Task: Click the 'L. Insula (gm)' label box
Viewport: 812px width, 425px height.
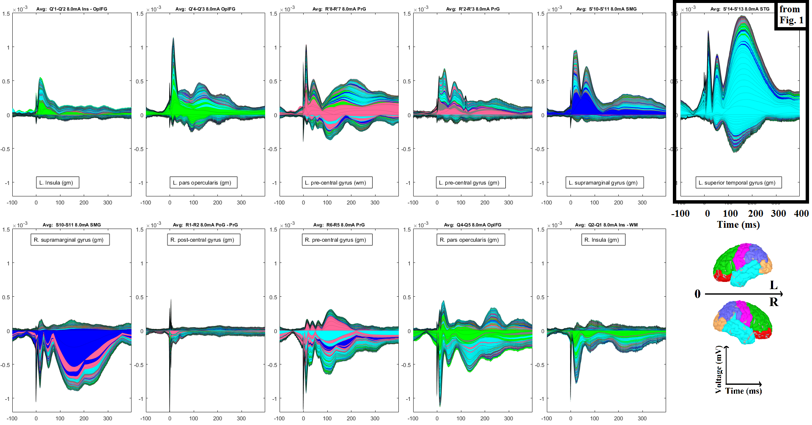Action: tap(58, 183)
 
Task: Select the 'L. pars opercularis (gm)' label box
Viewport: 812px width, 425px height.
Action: tap(203, 183)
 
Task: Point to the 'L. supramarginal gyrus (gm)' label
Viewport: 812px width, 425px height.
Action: tap(604, 183)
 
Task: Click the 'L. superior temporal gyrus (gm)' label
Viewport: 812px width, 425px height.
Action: tap(738, 183)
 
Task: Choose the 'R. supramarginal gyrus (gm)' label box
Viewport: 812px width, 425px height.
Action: tap(70, 240)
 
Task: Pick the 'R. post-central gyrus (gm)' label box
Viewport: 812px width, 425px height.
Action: tap(203, 240)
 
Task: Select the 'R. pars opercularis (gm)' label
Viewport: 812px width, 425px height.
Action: tap(470, 240)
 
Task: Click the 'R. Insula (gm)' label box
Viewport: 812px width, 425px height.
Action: tap(603, 240)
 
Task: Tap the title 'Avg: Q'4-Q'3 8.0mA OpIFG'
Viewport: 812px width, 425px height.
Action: tap(206, 9)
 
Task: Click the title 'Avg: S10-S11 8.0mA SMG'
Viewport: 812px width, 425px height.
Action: tap(71, 225)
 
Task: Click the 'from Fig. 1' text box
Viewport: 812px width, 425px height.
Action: tap(791, 15)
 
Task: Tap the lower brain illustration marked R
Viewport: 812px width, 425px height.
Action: tap(742, 322)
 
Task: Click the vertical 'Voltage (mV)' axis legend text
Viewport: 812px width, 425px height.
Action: tap(719, 370)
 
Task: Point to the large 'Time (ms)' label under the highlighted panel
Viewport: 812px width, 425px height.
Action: tap(738, 225)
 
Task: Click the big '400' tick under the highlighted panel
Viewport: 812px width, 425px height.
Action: tap(801, 214)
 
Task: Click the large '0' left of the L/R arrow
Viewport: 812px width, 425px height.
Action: tap(697, 294)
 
